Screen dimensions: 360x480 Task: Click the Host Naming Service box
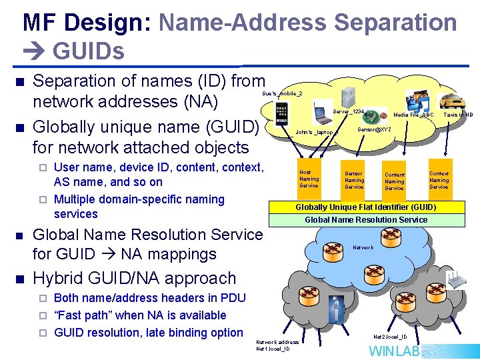coord(309,179)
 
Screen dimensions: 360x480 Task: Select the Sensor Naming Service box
coord(354,180)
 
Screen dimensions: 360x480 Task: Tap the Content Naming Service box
coord(394,181)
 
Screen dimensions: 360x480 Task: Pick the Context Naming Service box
coord(439,180)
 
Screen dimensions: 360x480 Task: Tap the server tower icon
coord(348,97)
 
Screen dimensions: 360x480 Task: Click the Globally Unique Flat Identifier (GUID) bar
coord(366,207)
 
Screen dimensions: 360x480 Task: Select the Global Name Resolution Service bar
coord(366,219)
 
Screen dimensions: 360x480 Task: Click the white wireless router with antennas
coord(457,280)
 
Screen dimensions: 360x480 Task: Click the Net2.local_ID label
coord(390,337)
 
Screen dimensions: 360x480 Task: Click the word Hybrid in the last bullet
coord(59,279)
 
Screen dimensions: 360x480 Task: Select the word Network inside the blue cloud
coord(363,248)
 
